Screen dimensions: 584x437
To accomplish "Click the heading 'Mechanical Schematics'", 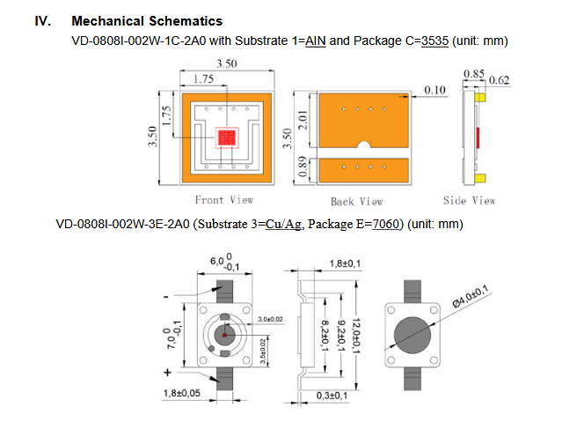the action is [x=147, y=21].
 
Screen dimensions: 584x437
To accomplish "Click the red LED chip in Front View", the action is [x=227, y=137].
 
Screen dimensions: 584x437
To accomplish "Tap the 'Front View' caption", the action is [x=224, y=200].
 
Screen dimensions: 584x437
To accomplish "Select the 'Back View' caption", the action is [x=357, y=202].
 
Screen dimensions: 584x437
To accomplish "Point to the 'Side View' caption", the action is [x=470, y=201].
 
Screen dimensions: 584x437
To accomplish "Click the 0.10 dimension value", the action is [x=434, y=90].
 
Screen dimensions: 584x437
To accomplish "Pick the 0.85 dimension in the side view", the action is [x=474, y=73].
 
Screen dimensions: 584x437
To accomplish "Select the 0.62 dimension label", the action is [x=499, y=80].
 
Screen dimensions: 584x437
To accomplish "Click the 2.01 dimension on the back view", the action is [x=303, y=120].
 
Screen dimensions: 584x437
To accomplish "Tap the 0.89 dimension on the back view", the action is [x=303, y=167].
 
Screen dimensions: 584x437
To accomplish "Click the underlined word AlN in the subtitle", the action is [x=316, y=41].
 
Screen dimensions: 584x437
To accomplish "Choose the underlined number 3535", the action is [x=434, y=41].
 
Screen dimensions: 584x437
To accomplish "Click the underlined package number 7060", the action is [x=385, y=224].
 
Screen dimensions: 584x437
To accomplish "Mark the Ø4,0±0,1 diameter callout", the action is [x=470, y=296].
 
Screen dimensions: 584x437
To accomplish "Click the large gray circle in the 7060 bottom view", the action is [x=412, y=335].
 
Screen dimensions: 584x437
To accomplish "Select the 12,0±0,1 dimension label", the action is [x=356, y=336].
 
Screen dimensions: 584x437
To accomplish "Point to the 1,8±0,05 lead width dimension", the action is [x=181, y=393].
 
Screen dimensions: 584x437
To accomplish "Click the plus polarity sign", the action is [x=167, y=372].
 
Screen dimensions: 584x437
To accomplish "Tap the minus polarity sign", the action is [x=166, y=297].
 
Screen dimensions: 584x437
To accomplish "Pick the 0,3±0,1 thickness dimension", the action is [x=332, y=396].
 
